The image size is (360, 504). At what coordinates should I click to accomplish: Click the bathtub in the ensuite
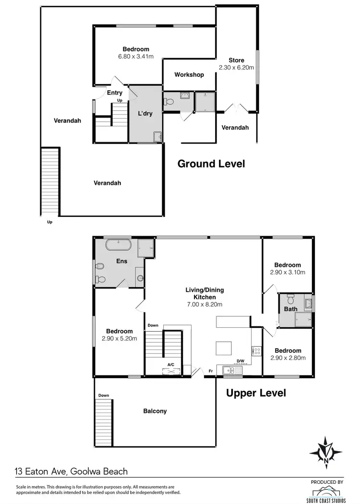[x=118, y=245]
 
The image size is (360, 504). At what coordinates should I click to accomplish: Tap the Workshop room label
[x=189, y=75]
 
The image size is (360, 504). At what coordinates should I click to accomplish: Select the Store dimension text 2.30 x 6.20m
[x=236, y=68]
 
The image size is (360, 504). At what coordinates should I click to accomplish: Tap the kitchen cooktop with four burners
[x=257, y=351]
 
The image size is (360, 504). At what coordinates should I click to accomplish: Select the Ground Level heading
[x=211, y=164]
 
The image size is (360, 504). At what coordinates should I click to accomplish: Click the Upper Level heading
[x=256, y=393]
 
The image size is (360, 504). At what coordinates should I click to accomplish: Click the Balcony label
[x=155, y=411]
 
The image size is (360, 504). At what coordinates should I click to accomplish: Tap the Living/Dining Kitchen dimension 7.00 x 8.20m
[x=205, y=304]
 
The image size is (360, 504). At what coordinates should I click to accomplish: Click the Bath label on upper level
[x=291, y=309]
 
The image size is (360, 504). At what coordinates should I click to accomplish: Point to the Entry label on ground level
[x=115, y=93]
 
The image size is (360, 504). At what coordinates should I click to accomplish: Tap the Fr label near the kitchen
[x=211, y=371]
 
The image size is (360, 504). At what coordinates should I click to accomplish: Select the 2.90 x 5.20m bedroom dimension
[x=120, y=338]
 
